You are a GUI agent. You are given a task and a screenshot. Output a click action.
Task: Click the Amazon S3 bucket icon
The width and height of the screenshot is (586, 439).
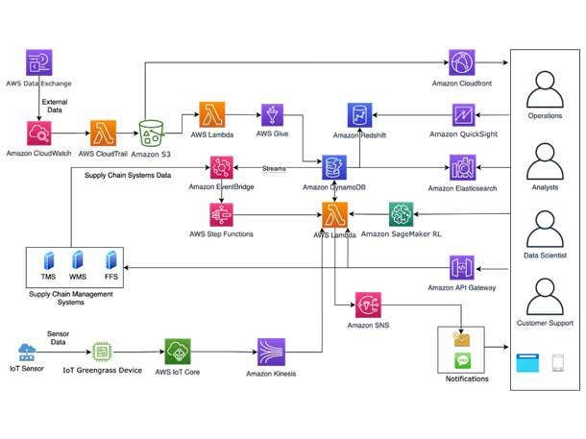[152, 134]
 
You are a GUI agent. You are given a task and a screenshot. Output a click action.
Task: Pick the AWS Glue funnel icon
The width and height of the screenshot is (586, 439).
[271, 115]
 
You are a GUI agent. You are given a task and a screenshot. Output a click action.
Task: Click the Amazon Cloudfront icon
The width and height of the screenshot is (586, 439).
[461, 64]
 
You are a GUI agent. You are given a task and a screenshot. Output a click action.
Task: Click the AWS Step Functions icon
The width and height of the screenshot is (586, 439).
[222, 214]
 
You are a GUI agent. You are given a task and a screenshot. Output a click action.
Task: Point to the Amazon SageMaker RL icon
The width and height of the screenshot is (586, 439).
[401, 214]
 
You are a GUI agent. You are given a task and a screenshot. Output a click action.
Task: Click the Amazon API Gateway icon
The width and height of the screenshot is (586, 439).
[461, 268]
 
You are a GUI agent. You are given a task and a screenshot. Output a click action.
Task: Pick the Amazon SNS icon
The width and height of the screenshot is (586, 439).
[366, 306]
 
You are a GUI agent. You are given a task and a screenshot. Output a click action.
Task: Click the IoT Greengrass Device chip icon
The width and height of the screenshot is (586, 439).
[103, 352]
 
